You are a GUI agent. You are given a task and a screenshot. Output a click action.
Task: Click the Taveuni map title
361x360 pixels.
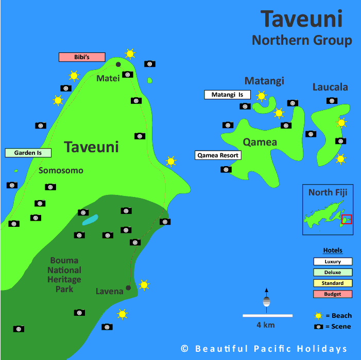301,20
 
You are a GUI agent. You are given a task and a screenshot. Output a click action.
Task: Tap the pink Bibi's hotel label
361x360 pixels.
82,57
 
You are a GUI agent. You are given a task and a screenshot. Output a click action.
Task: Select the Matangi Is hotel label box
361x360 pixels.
227,95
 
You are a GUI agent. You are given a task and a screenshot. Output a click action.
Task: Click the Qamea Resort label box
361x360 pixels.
218,155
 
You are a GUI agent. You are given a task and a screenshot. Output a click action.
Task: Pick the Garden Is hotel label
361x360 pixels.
28,153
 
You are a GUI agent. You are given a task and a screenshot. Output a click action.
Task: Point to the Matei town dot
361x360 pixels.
118,64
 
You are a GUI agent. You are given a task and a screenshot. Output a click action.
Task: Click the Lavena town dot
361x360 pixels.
128,288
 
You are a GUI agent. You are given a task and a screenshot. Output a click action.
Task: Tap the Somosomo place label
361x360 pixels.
61,171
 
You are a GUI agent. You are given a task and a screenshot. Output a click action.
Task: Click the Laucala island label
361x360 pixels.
330,87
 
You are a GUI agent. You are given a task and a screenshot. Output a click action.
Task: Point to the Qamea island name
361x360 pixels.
261,142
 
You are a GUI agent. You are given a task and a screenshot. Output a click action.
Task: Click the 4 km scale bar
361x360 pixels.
267,315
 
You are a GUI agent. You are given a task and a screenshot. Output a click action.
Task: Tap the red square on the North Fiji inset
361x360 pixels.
347,220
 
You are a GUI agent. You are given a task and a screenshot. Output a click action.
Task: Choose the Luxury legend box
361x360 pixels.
333,262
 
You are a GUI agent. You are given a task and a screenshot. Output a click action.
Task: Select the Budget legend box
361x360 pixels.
333,294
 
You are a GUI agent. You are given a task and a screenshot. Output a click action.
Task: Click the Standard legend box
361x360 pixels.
333,283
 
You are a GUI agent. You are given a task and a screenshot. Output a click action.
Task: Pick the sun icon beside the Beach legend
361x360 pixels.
319,316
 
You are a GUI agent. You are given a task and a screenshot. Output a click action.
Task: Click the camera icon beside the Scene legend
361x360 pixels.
319,327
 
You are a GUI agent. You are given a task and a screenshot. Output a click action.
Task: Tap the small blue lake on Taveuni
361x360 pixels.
90,220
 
